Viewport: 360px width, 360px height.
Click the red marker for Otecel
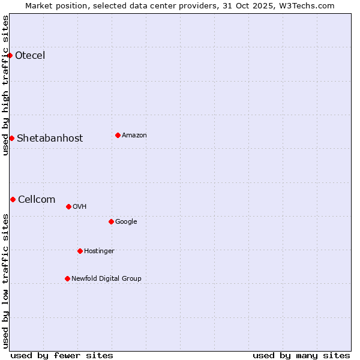click(10, 56)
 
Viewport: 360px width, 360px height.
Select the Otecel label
click(30, 56)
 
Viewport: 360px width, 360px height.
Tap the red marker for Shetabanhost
click(11, 138)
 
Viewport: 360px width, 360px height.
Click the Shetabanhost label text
click(50, 138)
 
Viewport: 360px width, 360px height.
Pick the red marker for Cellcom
click(13, 199)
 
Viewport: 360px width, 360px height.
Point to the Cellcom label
click(37, 200)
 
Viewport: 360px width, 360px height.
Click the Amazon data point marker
click(118, 135)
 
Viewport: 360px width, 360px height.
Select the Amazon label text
click(134, 136)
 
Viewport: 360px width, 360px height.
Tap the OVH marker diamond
click(68, 206)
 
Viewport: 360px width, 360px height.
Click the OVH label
click(80, 207)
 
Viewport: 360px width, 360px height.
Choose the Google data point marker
click(111, 221)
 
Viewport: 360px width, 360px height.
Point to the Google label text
click(126, 222)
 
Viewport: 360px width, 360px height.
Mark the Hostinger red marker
click(80, 251)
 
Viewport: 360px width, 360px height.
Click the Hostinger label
click(99, 251)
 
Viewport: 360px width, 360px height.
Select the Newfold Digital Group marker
click(67, 278)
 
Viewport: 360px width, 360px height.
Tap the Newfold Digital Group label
click(106, 278)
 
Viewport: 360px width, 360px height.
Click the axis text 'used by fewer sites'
click(62, 355)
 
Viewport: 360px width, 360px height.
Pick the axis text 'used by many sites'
click(301, 355)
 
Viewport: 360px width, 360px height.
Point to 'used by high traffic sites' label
click(5, 85)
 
